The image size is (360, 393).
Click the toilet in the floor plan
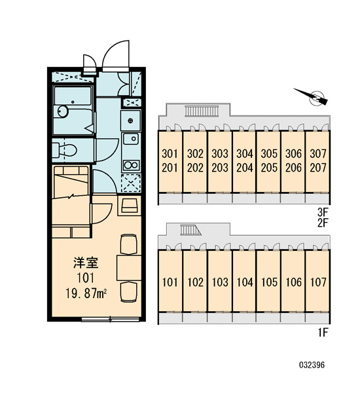pyautogui.click(x=64, y=150)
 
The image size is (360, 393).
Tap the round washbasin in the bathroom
pyautogui.click(x=63, y=111)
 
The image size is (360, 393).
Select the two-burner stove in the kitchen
pyautogui.click(x=131, y=165)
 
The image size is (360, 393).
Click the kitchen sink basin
pyautogui.click(x=131, y=139)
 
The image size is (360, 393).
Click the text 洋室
pyautogui.click(x=86, y=263)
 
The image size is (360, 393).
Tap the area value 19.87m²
pyautogui.click(x=86, y=293)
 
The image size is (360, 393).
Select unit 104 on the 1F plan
pyautogui.click(x=245, y=282)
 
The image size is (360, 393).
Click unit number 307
pyautogui.click(x=318, y=154)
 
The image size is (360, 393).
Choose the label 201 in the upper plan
pyautogui.click(x=170, y=168)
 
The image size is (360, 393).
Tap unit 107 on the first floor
pyautogui.click(x=318, y=282)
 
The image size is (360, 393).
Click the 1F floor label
pyautogui.click(x=323, y=333)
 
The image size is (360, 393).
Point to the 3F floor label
pyautogui.click(x=323, y=212)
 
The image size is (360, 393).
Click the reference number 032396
pyautogui.click(x=312, y=365)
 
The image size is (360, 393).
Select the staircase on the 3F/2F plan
pyautogui.click(x=202, y=111)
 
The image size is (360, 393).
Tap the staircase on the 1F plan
pyautogui.click(x=190, y=230)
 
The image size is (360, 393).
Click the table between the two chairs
pyautogui.click(x=129, y=268)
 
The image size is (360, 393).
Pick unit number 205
pyautogui.click(x=269, y=168)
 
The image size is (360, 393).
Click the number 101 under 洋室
pyautogui.click(x=86, y=278)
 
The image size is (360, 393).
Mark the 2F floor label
pyautogui.click(x=323, y=223)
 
